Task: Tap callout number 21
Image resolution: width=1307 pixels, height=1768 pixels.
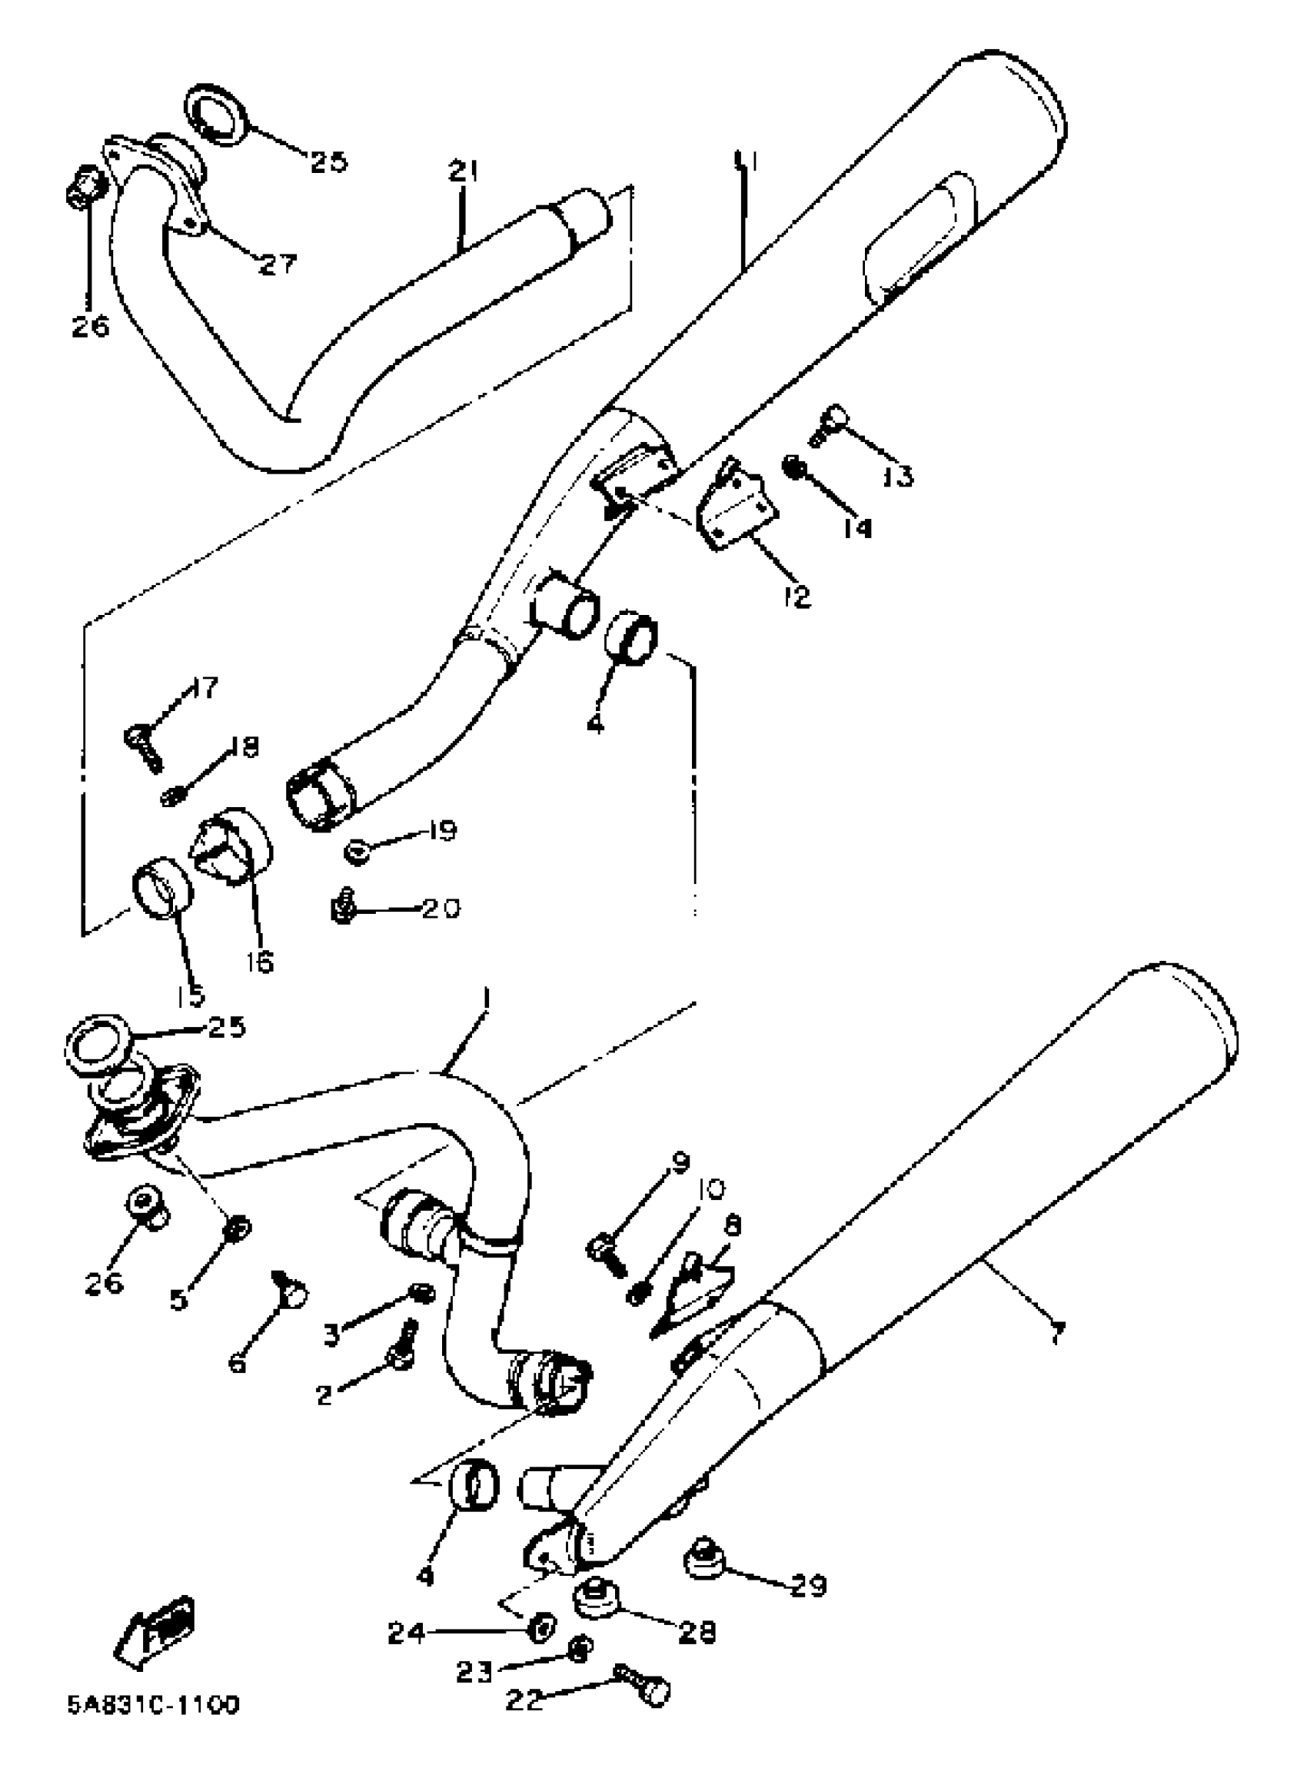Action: click(x=463, y=171)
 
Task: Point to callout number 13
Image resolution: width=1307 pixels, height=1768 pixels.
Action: click(x=897, y=477)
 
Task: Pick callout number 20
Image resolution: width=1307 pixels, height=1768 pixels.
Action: click(x=440, y=909)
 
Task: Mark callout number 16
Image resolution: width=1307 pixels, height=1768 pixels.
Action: click(x=259, y=962)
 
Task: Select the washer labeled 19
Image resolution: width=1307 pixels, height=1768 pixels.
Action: click(x=358, y=852)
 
